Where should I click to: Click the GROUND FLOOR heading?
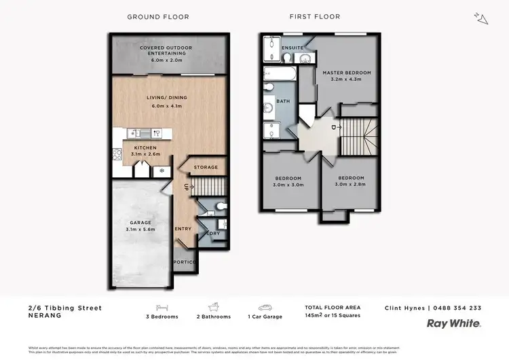pyautogui.click(x=153, y=16)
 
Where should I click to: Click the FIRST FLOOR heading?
pyautogui.click(x=314, y=16)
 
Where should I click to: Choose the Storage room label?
pyautogui.click(x=206, y=167)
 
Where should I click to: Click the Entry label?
pyautogui.click(x=183, y=229)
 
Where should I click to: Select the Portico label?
pyautogui.click(x=183, y=262)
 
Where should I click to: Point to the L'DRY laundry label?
pyautogui.click(x=212, y=234)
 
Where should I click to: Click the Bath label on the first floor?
pyautogui.click(x=283, y=101)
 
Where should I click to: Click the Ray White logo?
pyautogui.click(x=453, y=324)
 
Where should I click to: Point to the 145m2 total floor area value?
pyautogui.click(x=314, y=317)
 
